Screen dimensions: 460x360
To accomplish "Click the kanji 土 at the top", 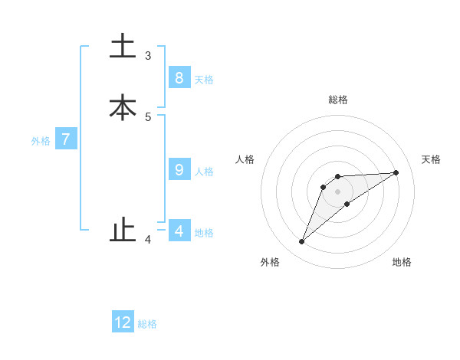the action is pos(123,47).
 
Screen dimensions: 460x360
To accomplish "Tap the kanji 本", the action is pos(123,107).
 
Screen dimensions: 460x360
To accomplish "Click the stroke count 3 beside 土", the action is pos(148,56).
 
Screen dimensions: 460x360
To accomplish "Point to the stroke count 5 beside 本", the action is pos(148,117).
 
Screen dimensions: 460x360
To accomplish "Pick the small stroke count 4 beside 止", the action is pos(148,240).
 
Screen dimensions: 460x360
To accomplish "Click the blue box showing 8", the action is pos(179,77).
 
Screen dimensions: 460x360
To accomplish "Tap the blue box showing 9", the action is pos(179,169).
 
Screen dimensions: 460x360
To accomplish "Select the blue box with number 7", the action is pos(66,139).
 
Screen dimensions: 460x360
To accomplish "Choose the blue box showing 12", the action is pos(123,322).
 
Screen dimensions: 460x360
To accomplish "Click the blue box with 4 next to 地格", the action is pos(179,231).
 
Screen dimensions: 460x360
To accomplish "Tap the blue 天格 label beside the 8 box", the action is pos(204,80).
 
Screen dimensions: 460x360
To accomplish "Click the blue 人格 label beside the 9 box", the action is pos(204,172).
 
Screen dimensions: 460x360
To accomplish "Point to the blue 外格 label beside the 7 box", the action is pos(41,141).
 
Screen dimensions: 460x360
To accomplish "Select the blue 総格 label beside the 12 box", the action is pos(147,324).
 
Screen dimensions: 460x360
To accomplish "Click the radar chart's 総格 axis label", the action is pos(338,100).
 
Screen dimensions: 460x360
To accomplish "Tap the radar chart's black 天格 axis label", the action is pos(432,159).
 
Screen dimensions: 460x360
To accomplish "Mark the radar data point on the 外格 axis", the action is pos(302,242).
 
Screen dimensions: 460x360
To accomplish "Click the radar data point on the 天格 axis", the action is pos(396,172).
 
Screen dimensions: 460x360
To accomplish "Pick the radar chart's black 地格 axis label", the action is pos(402,262).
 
